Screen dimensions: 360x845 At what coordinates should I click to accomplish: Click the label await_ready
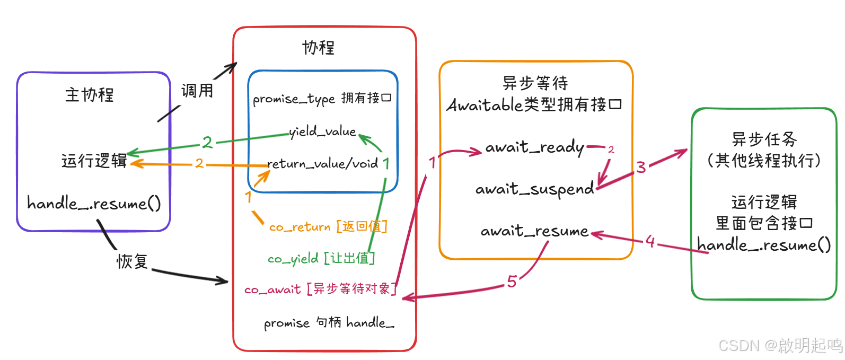point(534,147)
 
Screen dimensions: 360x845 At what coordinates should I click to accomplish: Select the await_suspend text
point(534,189)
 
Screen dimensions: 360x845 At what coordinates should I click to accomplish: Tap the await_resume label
point(534,231)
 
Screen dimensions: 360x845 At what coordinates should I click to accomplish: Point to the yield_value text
point(322,131)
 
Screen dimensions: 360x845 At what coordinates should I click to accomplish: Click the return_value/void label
point(322,164)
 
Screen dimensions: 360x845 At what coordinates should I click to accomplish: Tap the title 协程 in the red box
point(318,48)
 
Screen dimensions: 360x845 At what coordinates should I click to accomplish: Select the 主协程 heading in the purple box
point(89,95)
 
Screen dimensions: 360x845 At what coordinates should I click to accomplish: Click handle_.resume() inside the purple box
point(94,204)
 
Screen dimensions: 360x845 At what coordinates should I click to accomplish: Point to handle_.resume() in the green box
point(764,245)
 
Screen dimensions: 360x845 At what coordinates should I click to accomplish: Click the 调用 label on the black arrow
point(197,91)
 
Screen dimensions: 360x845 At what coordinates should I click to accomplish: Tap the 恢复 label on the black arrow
point(132,261)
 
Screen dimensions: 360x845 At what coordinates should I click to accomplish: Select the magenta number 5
point(512,282)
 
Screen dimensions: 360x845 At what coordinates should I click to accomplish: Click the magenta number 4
point(650,242)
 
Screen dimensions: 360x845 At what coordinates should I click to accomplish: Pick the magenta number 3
point(641,168)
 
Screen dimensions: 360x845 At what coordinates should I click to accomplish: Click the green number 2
point(207,142)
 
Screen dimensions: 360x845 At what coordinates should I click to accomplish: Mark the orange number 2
point(199,163)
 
